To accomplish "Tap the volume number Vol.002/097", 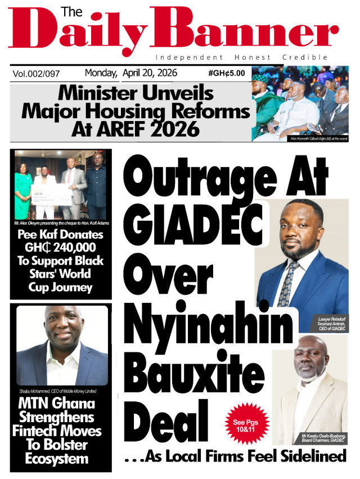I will coord(37,74).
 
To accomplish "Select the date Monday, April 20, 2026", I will coord(131,73).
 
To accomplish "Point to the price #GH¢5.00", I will coord(226,74).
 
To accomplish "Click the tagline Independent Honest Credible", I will coord(241,57).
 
